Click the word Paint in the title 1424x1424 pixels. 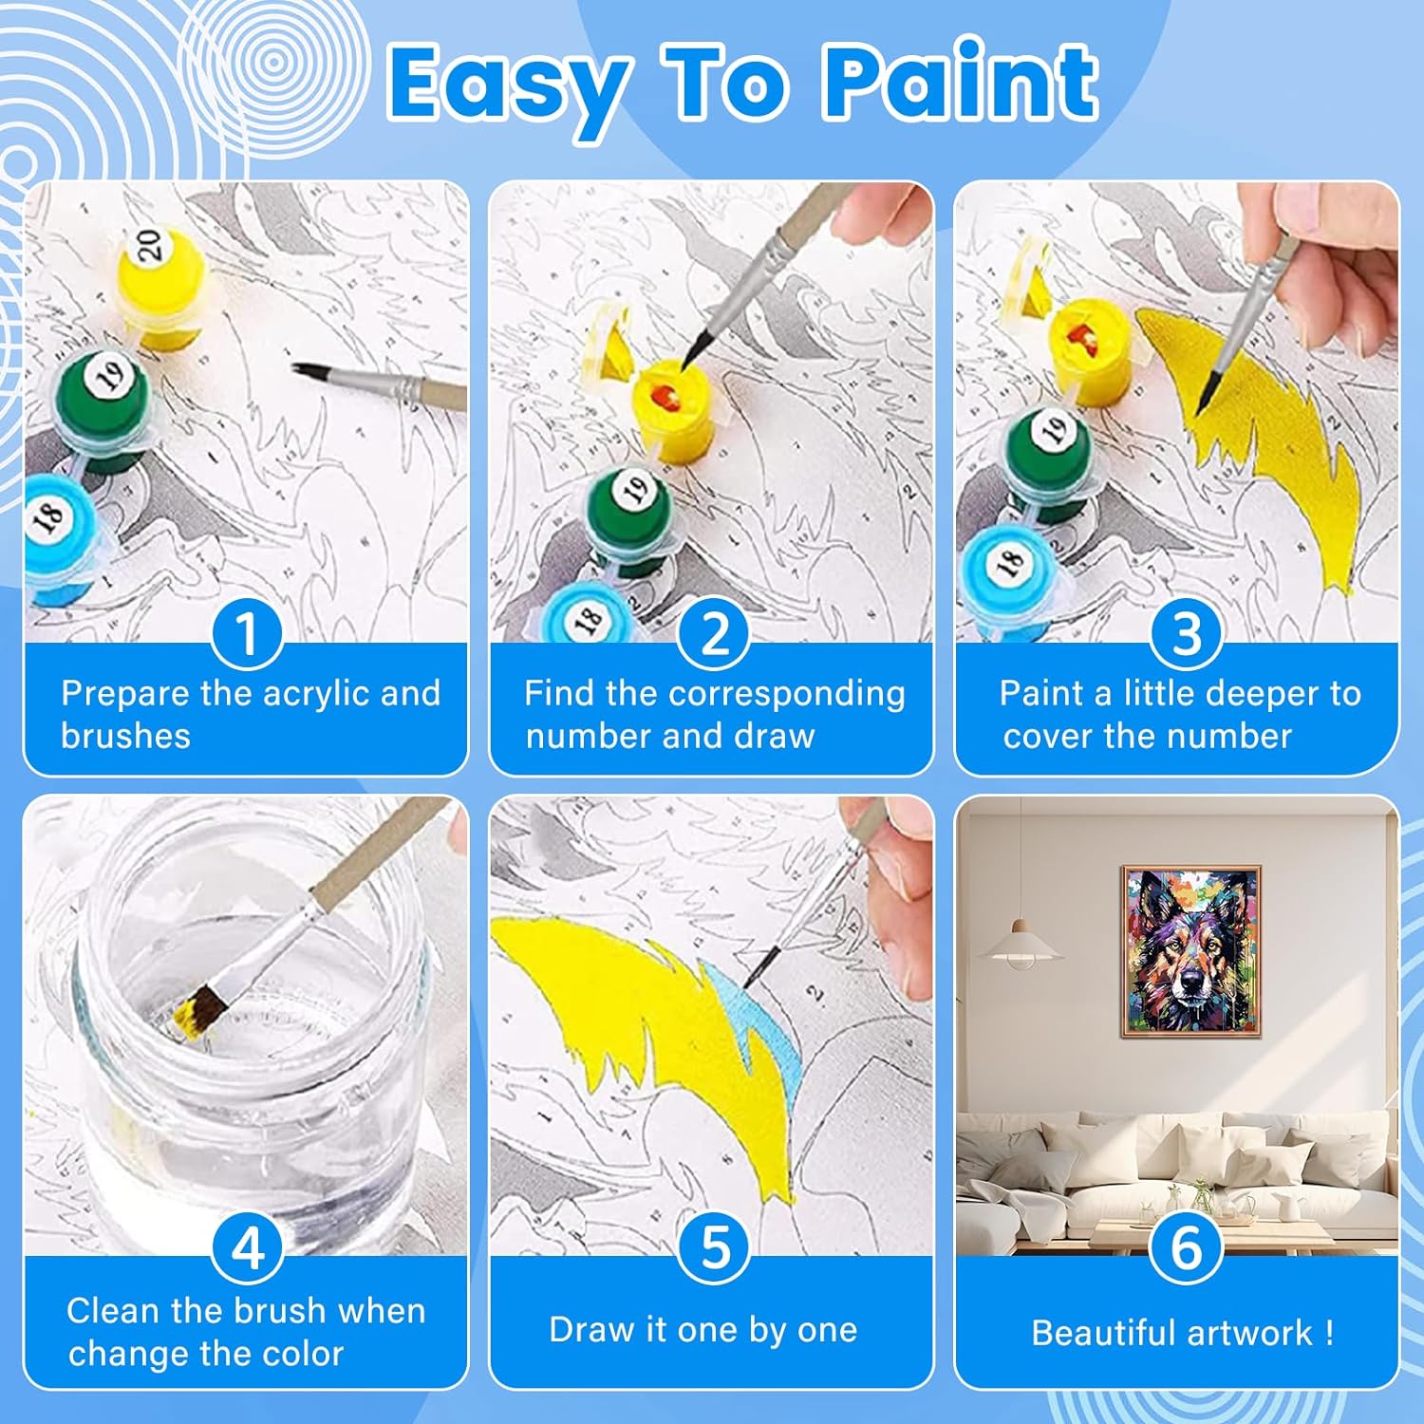(962, 83)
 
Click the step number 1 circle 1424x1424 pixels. (247, 633)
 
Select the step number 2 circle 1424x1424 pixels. (714, 633)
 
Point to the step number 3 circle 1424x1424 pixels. (1186, 633)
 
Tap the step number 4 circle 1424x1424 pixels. (248, 1247)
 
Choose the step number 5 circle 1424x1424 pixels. (714, 1247)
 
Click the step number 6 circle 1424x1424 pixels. (1186, 1247)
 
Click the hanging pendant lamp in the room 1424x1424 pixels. (1021, 945)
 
